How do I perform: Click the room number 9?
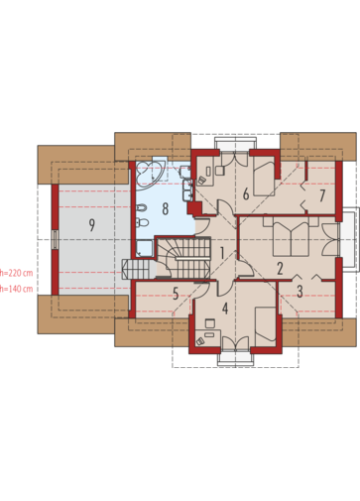click(92, 225)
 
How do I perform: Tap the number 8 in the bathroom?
click(166, 208)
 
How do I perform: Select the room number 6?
click(246, 193)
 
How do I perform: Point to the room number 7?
click(322, 195)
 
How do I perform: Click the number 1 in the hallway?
click(222, 253)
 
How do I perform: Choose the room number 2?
click(280, 269)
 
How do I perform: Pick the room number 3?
click(300, 292)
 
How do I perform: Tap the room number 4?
click(225, 309)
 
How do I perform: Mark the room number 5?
click(176, 294)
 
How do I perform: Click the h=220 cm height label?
click(17, 273)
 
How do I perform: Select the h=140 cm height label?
click(17, 289)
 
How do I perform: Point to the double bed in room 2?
click(291, 236)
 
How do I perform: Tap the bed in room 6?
click(265, 179)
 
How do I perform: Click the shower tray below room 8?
click(145, 248)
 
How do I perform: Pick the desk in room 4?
click(208, 338)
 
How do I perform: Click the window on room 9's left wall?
click(56, 239)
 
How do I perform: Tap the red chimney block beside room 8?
click(194, 208)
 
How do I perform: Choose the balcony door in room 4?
click(235, 343)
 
